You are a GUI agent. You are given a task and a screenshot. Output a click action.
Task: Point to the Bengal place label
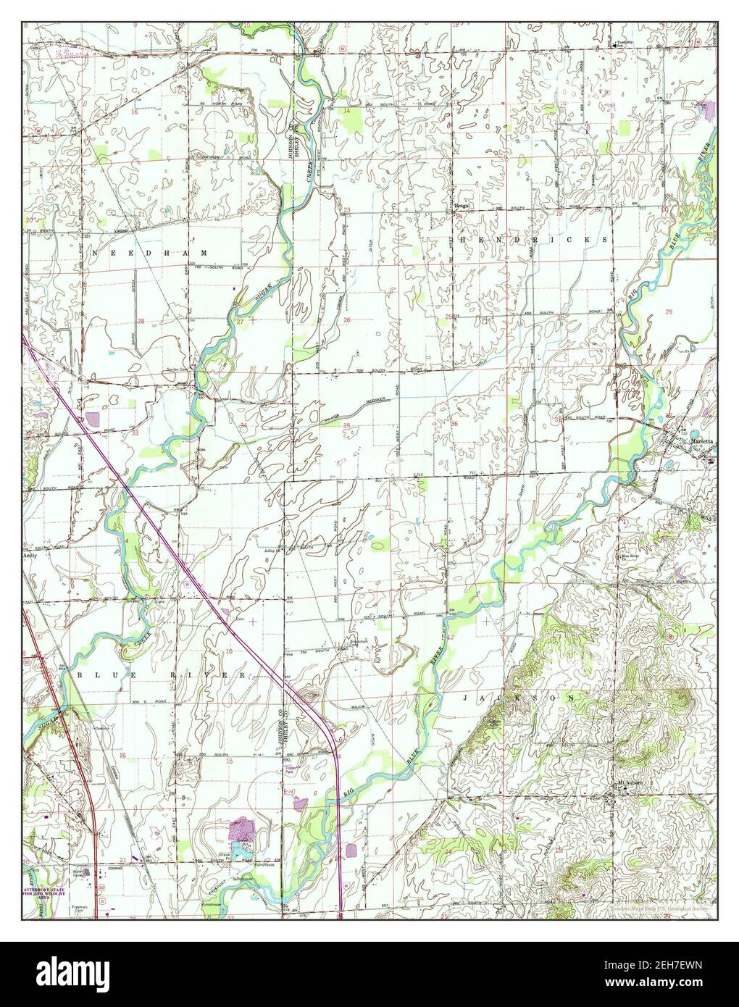[x=462, y=205]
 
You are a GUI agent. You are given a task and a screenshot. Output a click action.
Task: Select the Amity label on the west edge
[x=29, y=555]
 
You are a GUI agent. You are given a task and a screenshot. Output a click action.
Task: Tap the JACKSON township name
[x=518, y=696]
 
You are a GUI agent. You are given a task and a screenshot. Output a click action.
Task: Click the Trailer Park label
[x=292, y=772]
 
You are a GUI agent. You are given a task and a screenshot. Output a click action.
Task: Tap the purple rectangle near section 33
[x=92, y=419]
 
